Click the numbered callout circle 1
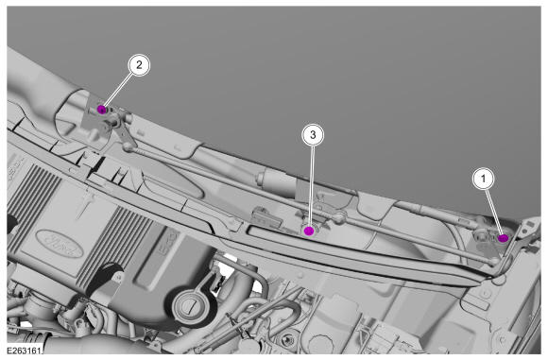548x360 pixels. (x=484, y=179)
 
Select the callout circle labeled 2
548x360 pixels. (x=139, y=65)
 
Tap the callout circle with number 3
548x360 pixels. (x=313, y=134)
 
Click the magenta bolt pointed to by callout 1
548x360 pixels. (x=504, y=238)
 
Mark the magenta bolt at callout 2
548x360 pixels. (x=102, y=110)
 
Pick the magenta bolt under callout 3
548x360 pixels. (x=309, y=231)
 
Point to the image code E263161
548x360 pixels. (x=24, y=350)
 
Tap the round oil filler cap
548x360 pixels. (x=191, y=308)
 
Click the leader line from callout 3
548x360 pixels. (x=311, y=185)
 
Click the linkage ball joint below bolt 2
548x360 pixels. (x=128, y=147)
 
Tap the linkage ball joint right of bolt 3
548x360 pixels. (x=338, y=219)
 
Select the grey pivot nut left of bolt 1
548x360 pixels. (x=480, y=237)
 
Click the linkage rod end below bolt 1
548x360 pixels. (x=495, y=261)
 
